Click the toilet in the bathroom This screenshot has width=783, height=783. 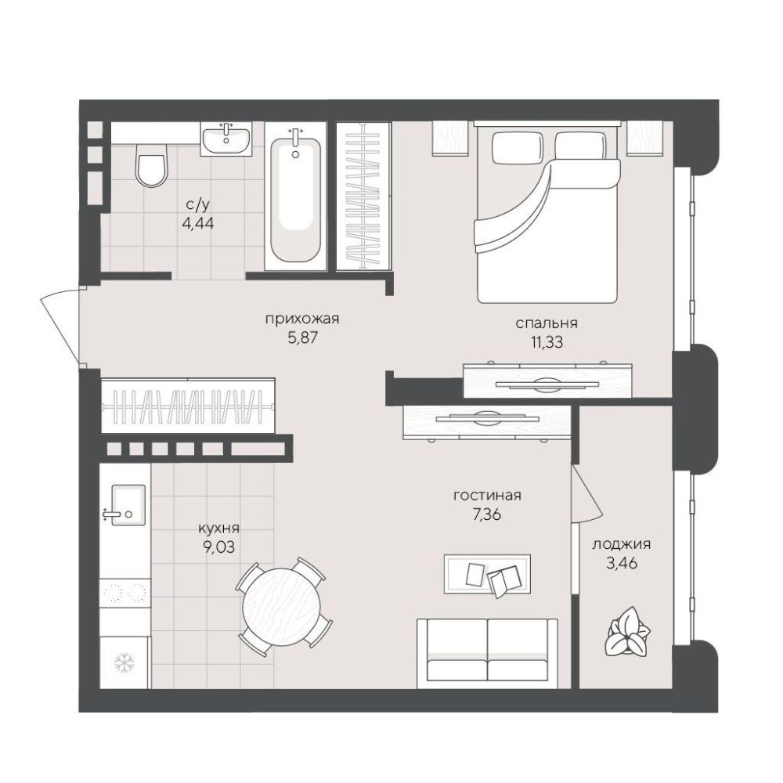click(150, 166)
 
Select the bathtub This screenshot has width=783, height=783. click(295, 197)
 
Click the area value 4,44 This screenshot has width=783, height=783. click(198, 222)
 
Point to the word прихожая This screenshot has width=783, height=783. click(302, 319)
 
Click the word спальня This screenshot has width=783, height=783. click(547, 323)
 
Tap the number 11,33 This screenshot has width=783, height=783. click(547, 342)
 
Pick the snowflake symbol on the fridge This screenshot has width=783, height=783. click(124, 662)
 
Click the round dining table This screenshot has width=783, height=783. click(281, 606)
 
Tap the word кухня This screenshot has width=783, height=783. click(218, 528)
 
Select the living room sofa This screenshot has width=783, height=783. click(487, 654)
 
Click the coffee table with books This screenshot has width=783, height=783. click(487, 574)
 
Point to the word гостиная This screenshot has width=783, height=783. click(487, 496)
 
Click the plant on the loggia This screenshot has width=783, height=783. click(627, 631)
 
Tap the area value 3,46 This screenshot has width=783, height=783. click(622, 563)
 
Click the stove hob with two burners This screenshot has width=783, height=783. click(124, 593)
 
